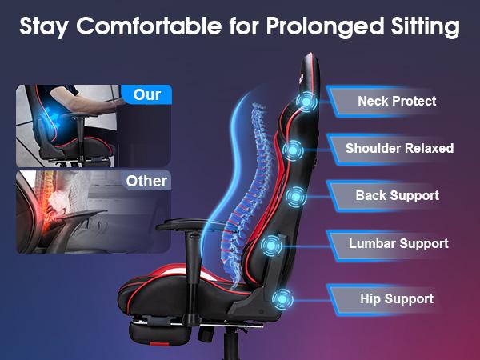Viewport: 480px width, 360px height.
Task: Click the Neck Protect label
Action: click(397, 102)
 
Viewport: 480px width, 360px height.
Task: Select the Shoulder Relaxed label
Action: click(399, 148)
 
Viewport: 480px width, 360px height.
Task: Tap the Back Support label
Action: click(397, 195)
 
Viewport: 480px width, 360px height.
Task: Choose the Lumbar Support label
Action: click(398, 243)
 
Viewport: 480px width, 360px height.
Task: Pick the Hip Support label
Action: click(397, 298)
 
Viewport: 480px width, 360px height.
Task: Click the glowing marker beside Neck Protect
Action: click(306, 101)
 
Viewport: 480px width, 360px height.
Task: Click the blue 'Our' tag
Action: click(146, 95)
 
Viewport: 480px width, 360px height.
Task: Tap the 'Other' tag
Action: click(146, 181)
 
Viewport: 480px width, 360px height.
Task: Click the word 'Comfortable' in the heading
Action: click(147, 27)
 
